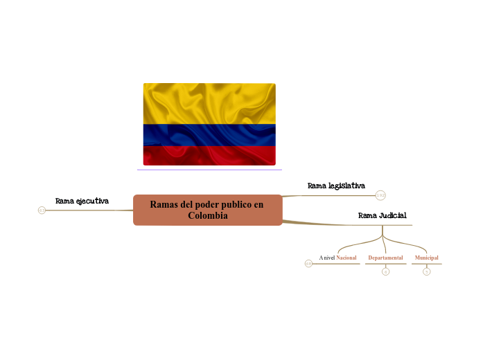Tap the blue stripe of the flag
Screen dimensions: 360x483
click(209, 135)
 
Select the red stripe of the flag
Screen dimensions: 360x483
click(209, 156)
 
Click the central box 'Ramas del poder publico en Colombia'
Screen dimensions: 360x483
click(207, 210)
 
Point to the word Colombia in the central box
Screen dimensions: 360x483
click(207, 215)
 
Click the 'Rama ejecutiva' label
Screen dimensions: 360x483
click(82, 201)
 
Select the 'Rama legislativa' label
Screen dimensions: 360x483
click(336, 186)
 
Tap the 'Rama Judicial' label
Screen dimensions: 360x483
click(382, 215)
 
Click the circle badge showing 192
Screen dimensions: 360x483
click(380, 195)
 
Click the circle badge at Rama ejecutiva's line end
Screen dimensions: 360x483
click(42, 210)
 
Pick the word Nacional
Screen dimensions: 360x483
click(346, 258)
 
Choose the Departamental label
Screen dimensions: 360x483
click(385, 258)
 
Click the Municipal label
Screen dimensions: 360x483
click(426, 258)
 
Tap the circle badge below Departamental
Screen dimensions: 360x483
click(385, 271)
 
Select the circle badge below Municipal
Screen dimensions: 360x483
click(426, 271)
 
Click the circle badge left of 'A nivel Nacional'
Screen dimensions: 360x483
click(308, 263)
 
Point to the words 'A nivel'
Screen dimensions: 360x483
click(327, 258)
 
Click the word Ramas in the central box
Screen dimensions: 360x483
click(164, 204)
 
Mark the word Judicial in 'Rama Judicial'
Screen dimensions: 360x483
click(392, 215)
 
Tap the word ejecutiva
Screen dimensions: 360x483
click(92, 201)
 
